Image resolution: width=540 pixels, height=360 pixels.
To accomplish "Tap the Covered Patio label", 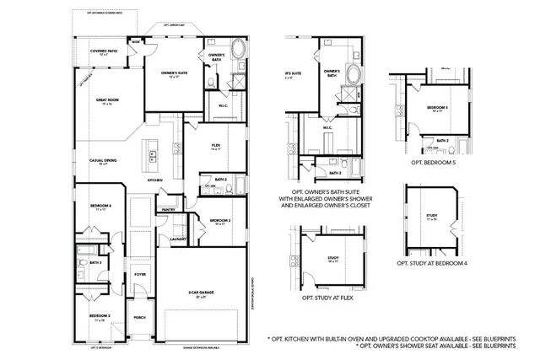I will pyautogui.click(x=104, y=51).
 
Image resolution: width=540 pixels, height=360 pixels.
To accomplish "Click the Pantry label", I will pyautogui.click(x=167, y=209).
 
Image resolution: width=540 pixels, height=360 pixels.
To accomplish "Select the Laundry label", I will pyautogui.click(x=177, y=239).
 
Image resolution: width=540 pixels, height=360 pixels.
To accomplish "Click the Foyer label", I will pyautogui.click(x=139, y=274).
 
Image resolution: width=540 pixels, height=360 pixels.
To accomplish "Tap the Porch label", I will pyautogui.click(x=139, y=318).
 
